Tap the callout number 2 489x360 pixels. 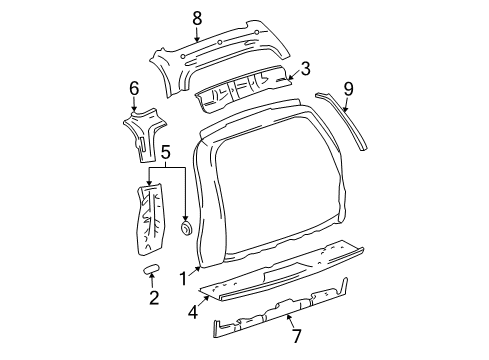(x=153, y=298)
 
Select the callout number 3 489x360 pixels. (x=306, y=70)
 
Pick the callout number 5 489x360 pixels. (x=166, y=152)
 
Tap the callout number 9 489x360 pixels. (x=348, y=88)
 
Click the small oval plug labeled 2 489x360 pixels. (x=152, y=270)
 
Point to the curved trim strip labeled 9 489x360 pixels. (x=345, y=118)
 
